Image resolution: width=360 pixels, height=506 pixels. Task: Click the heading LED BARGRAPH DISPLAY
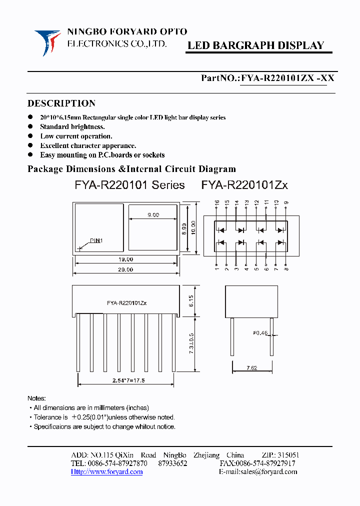255,45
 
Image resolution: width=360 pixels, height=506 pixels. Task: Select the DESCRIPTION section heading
61,103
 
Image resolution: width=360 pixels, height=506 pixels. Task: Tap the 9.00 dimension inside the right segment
153,215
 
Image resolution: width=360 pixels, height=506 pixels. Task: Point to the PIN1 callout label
96,240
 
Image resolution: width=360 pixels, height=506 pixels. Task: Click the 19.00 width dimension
126,259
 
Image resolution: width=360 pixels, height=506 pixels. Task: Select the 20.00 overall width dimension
126,269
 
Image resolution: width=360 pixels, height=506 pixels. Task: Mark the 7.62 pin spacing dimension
251,368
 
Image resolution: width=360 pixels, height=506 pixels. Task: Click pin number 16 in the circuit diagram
217,203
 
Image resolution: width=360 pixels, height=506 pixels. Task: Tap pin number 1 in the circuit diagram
216,269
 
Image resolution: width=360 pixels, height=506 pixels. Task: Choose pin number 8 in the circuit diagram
285,269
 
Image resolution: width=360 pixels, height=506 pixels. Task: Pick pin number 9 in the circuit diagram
285,203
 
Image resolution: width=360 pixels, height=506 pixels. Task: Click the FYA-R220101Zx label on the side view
126,303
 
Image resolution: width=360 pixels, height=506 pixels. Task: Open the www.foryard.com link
107,471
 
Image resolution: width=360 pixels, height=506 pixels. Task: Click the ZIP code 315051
287,455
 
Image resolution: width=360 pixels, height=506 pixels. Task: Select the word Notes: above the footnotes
36,398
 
